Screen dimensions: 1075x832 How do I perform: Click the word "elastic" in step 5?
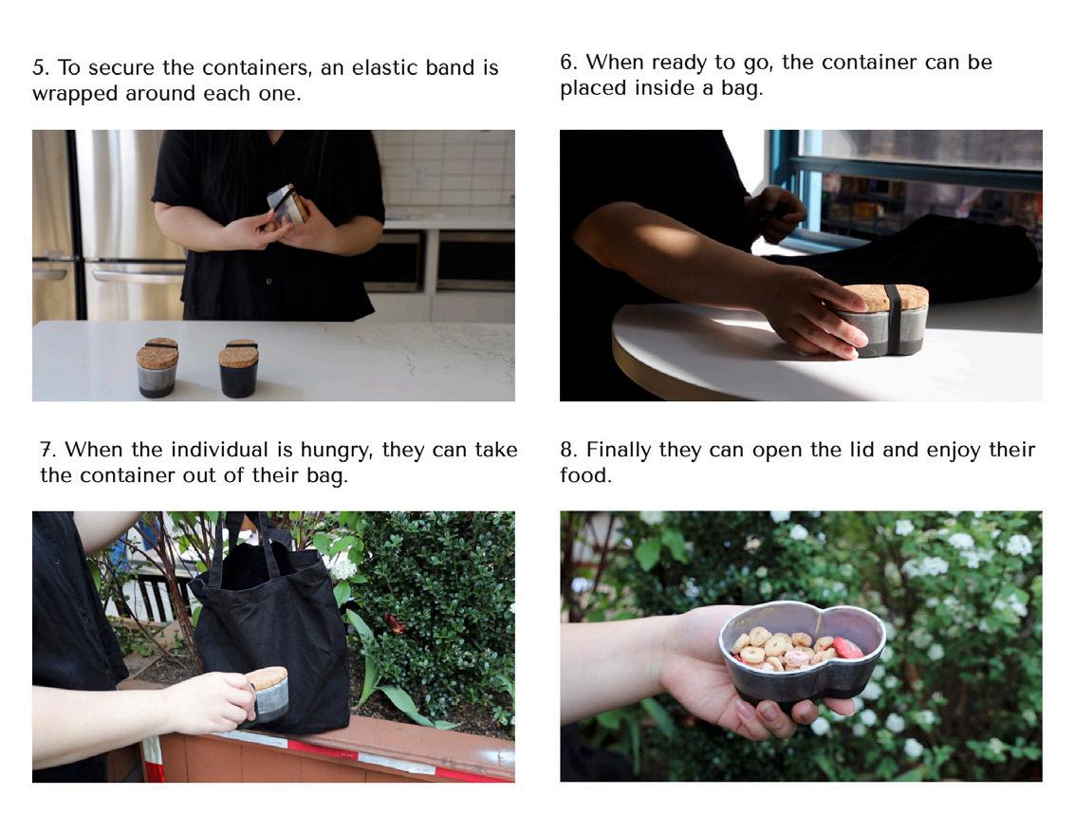[x=384, y=67]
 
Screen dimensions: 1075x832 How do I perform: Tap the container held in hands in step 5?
[x=288, y=204]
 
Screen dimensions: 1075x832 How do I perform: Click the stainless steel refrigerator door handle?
[x=138, y=276]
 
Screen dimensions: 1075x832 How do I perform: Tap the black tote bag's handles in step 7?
[x=250, y=542]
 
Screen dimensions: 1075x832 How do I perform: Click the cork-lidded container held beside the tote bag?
[x=269, y=693]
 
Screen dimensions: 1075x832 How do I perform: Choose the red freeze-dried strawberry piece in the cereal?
[x=847, y=648]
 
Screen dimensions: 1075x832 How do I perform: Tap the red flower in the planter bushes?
[x=397, y=623]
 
